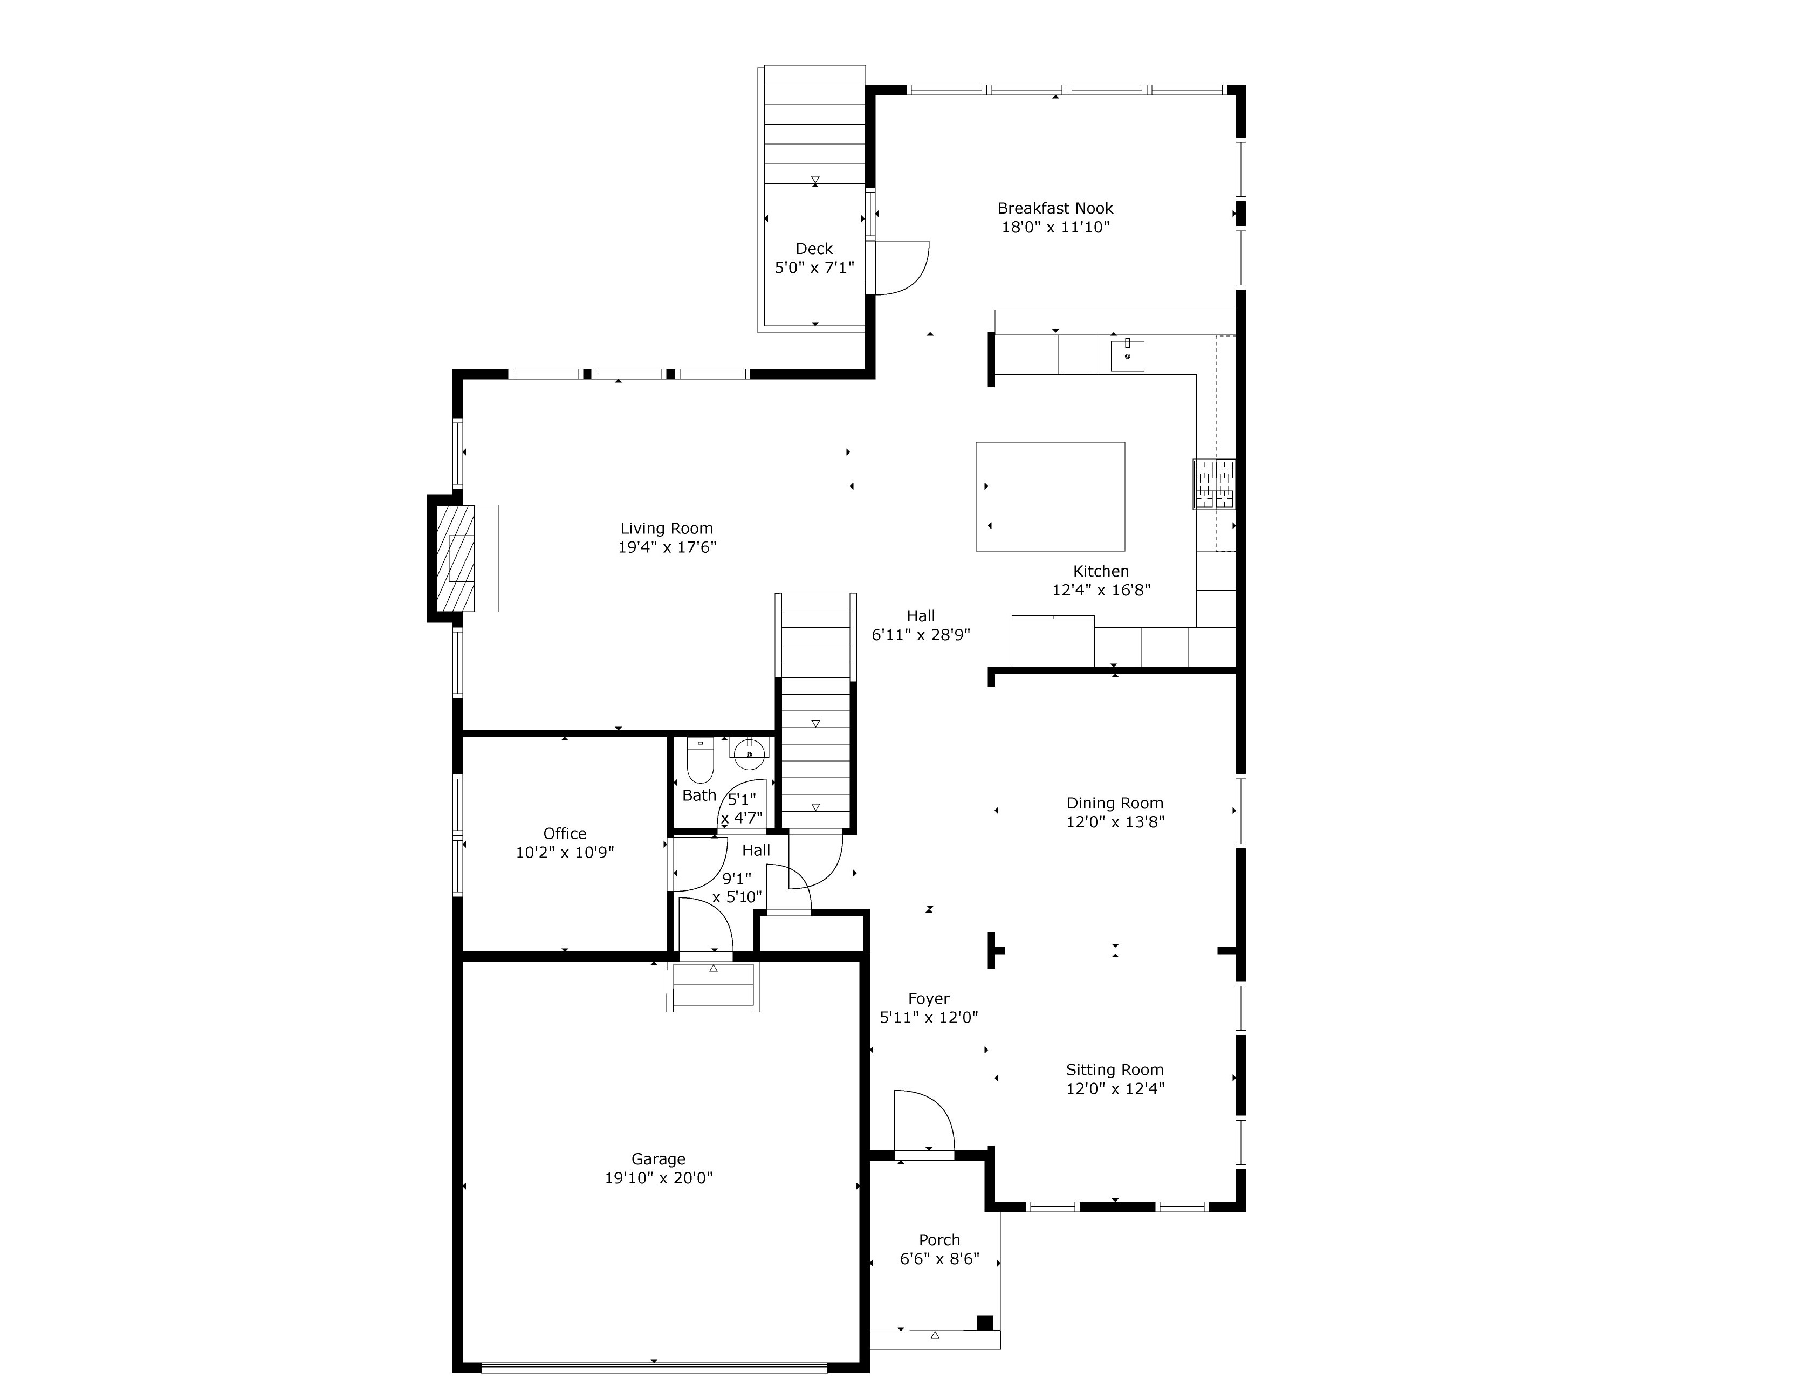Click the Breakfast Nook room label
pos(1055,208)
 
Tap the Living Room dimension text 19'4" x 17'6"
pos(667,547)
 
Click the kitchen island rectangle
pos(1050,496)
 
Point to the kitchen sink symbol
pos(1127,355)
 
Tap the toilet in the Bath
pos(699,761)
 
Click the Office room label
pos(565,833)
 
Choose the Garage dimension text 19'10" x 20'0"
pos(659,1177)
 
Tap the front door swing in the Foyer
pos(923,1121)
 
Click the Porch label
pos(939,1240)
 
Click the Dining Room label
pos(1115,803)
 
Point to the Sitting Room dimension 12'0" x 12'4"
pos(1115,1088)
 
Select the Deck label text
pos(814,249)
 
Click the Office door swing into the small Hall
pos(698,864)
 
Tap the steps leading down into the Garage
pos(714,985)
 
